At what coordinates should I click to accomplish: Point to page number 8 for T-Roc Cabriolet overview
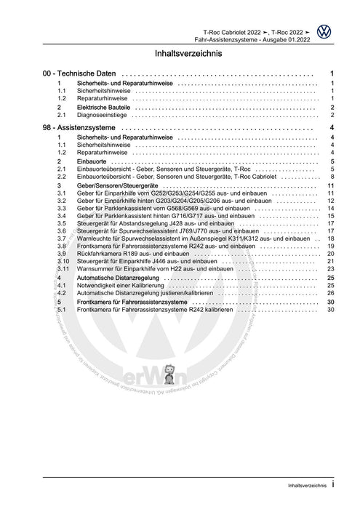pos(332,177)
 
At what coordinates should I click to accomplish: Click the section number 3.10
pos(63,262)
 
